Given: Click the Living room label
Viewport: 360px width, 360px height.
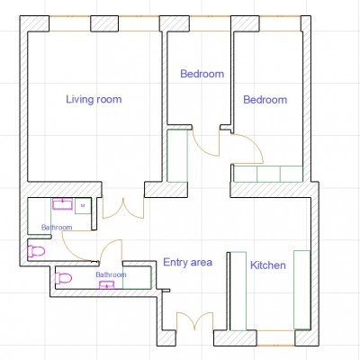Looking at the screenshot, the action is pos(94,99).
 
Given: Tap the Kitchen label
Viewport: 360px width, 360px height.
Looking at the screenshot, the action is pos(268,265).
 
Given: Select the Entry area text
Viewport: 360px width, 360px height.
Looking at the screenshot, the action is pos(188,263).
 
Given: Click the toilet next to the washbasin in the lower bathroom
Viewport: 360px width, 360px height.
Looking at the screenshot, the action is pos(63,278).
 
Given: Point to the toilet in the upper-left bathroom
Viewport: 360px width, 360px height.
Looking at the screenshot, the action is pos(36,251).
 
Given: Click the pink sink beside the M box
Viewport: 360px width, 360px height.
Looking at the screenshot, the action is pos(62,204).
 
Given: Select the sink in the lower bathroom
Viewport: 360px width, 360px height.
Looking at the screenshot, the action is pos(107,284).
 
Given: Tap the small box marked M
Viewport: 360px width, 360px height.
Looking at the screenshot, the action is pos(83,206).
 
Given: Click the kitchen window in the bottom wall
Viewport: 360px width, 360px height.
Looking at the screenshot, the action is pos(276,337).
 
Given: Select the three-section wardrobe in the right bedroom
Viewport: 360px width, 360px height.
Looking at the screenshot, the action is pos(268,174).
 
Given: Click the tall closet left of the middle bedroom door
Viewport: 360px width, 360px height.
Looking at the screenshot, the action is pos(177,156).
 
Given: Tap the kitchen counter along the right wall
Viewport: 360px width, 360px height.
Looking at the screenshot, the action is pos(301,290).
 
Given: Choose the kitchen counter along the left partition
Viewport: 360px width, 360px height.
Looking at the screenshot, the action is pos(238,291).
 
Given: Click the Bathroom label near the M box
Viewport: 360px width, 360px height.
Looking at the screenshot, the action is pos(57,228).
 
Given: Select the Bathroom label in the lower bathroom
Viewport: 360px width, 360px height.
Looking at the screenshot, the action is pos(111,274).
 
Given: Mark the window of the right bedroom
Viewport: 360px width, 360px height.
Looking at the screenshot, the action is pos(280,23).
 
